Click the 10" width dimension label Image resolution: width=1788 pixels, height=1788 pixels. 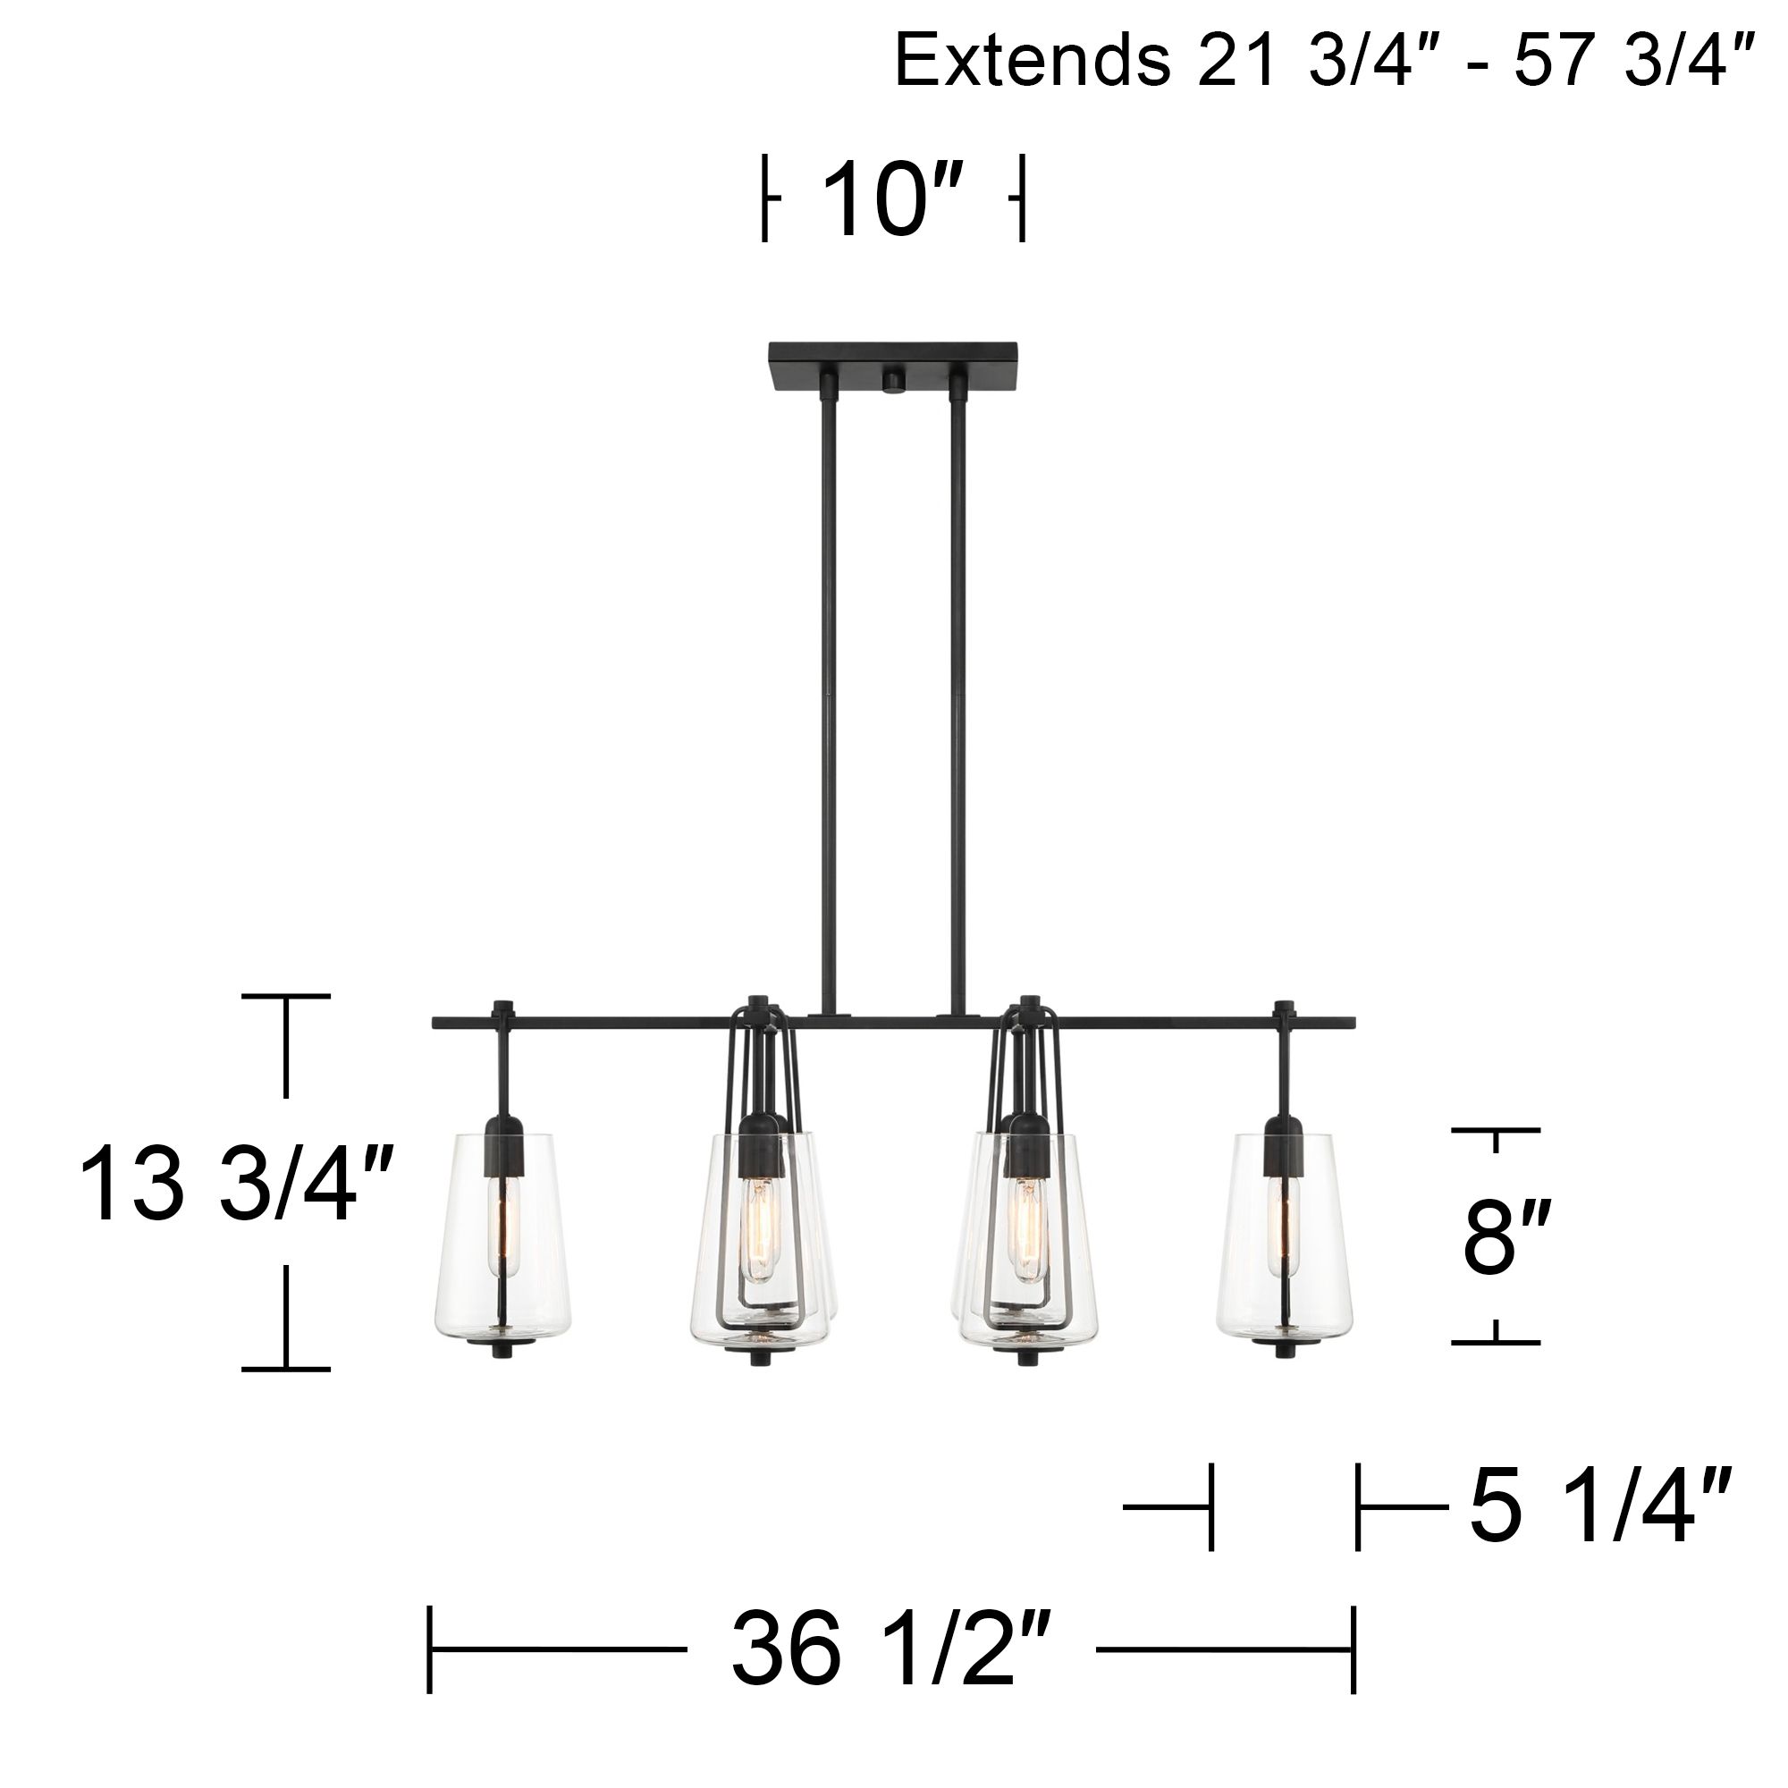point(892,200)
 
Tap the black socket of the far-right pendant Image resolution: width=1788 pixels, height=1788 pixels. point(1284,1148)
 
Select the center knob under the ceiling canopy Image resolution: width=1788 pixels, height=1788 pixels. point(893,383)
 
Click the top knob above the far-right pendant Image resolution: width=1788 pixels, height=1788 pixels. point(1284,1007)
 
